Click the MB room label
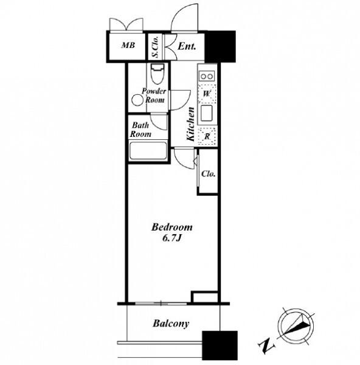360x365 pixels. coord(128,45)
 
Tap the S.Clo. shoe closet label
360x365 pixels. coord(155,47)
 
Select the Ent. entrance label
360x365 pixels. coord(187,46)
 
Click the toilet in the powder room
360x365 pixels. coord(157,74)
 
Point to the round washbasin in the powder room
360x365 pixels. coord(137,100)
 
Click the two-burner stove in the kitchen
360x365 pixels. coord(207,76)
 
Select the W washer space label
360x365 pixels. coord(207,94)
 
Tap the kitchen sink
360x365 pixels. coord(207,113)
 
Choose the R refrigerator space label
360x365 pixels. coord(207,137)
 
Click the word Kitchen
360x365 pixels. coord(190,124)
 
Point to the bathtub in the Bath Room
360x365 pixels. coord(148,151)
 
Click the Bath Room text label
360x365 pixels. coord(140,130)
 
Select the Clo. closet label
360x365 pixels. coord(208,173)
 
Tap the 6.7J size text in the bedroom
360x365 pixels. coord(171,238)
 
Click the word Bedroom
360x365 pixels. coord(172,227)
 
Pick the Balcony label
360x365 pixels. coord(171,324)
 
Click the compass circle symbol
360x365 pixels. coord(296,326)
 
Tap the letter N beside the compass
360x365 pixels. coord(266,346)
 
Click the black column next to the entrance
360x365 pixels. coord(220,46)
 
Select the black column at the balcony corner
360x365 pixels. coord(220,346)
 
